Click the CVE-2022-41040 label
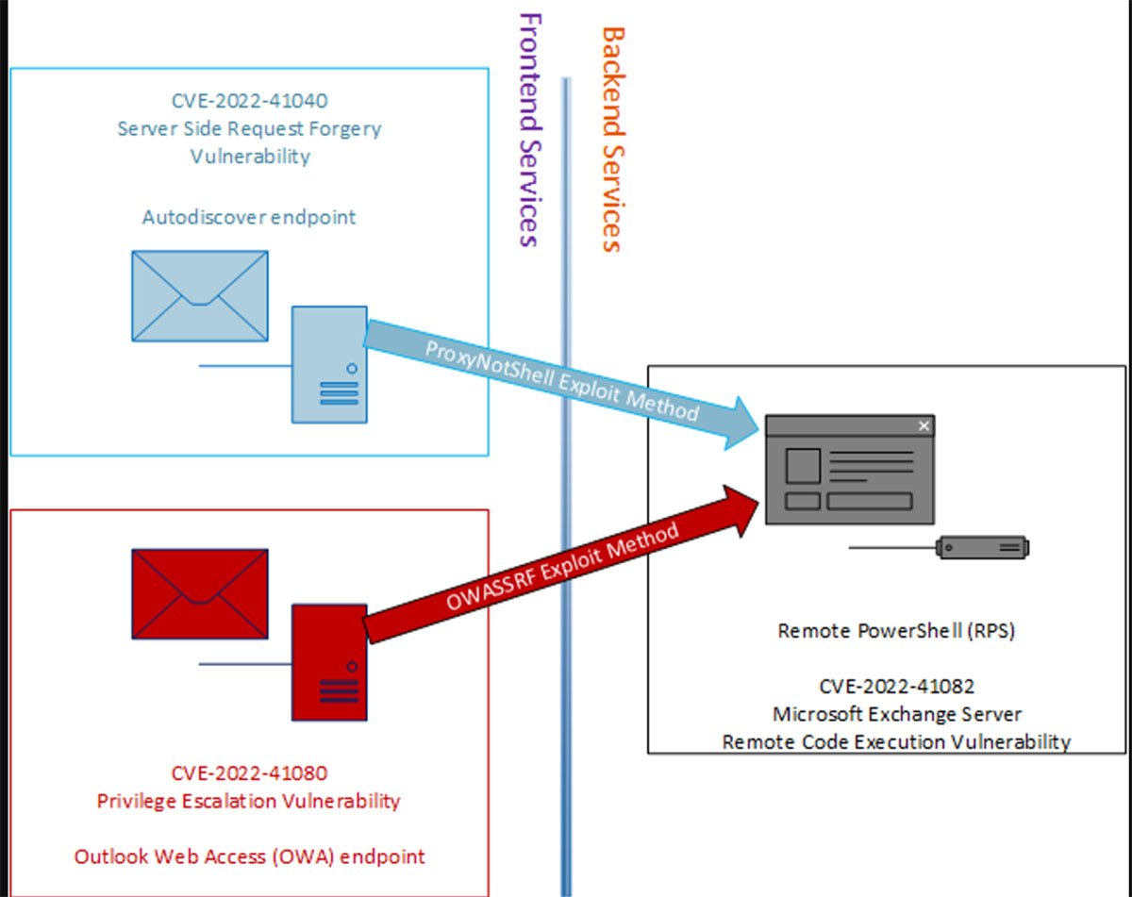coord(249,100)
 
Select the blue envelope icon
coord(200,295)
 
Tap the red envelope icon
coord(200,593)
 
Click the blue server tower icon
coord(329,364)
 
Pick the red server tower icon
coord(329,663)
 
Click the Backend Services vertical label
coord(612,140)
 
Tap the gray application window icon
coord(850,470)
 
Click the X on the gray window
coord(924,426)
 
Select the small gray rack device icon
coord(982,547)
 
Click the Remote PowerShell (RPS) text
coord(896,631)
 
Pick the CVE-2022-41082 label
coord(896,687)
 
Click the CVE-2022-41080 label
coord(249,773)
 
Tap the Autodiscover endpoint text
coord(249,217)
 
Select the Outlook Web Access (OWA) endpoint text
coord(249,856)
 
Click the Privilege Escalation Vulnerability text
coord(249,801)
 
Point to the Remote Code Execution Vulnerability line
coord(896,741)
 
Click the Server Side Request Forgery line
coord(249,128)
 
